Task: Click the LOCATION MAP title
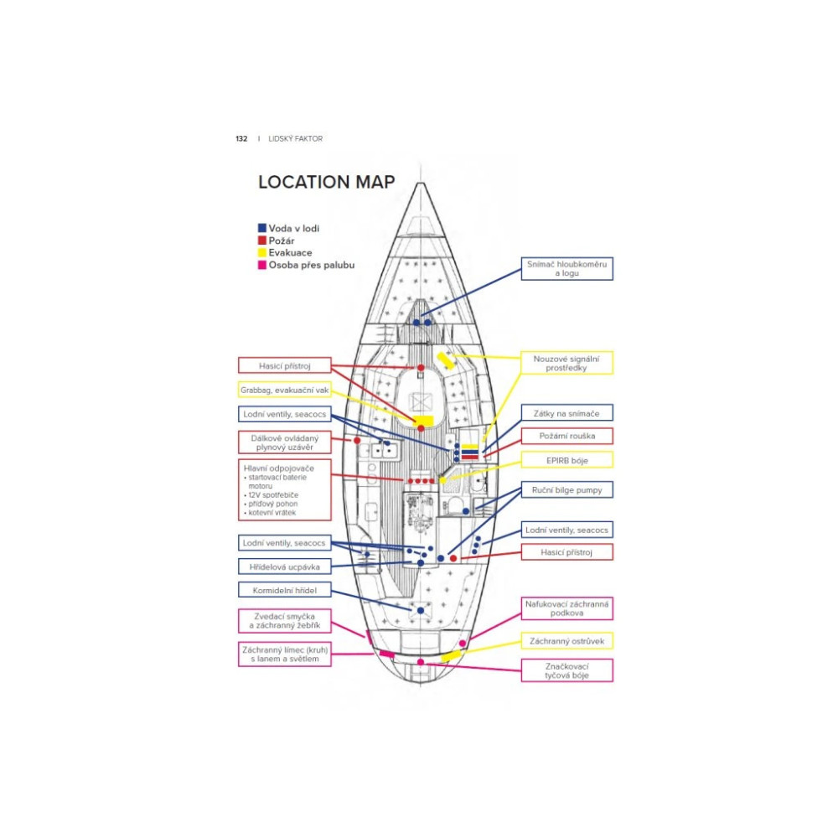pos(326,182)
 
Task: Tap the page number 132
pos(241,138)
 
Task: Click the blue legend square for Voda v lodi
pos(262,228)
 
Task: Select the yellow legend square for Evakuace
pos(262,252)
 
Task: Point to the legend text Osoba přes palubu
pos(312,265)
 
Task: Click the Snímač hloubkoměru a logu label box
pos(566,268)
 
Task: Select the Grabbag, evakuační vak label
pos(284,390)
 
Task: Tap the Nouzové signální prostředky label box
pos(566,363)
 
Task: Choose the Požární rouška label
pos(566,436)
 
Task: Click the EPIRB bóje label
pos(566,459)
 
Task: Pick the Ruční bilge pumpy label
pos(566,489)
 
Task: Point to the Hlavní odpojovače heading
pos(279,468)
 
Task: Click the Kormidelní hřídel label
pos(284,590)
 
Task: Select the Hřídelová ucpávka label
pos(284,566)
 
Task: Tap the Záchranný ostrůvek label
pos(566,641)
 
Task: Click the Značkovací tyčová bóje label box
pos(566,670)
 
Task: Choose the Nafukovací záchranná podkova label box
pos(566,608)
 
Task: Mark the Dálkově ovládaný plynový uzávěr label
pos(284,442)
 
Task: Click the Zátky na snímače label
pos(566,413)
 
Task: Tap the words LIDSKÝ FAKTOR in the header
pos(295,138)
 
